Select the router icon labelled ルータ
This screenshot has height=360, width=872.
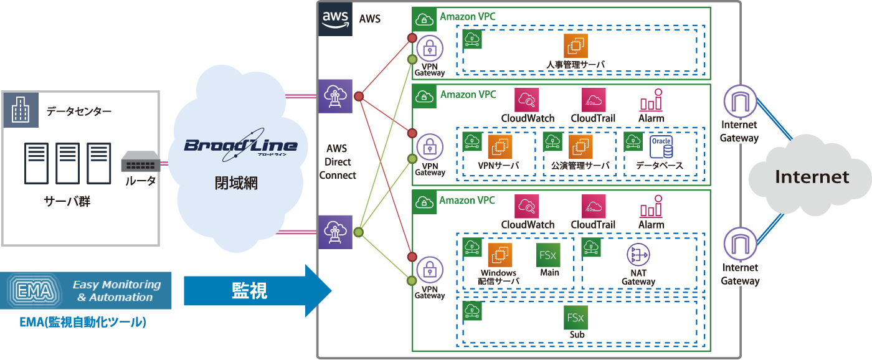pos(140,163)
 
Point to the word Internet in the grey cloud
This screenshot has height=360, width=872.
pos(812,177)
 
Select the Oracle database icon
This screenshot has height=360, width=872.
pos(661,147)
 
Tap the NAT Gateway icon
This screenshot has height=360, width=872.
pos(638,254)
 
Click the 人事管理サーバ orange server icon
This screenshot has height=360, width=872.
pos(576,46)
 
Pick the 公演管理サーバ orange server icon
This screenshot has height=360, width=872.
pos(580,147)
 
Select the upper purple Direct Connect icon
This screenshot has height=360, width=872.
pos(335,96)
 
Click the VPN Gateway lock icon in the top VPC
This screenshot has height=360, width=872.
pos(429,47)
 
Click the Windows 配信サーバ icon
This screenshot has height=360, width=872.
pos(500,255)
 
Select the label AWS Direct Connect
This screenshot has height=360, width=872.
pos(338,162)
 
